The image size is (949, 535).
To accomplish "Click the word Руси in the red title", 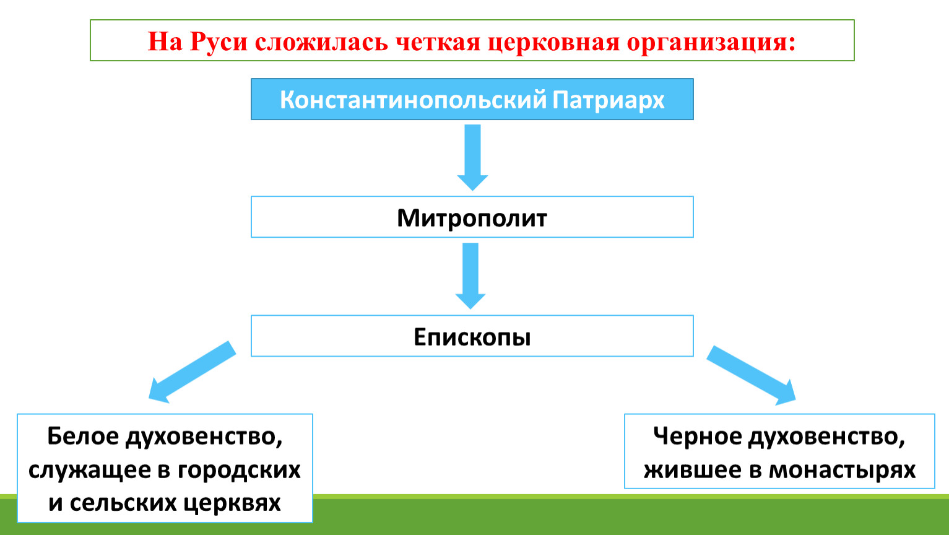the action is coord(219,42).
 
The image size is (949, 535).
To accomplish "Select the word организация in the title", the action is coord(711,43).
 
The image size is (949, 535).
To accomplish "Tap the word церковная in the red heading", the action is coord(553,43).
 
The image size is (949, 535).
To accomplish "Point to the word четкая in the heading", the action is coord(438,42).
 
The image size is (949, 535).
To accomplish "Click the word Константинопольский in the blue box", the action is coord(413,100).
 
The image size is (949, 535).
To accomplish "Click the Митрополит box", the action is coord(472,217).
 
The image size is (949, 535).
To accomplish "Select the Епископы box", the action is coord(472,336).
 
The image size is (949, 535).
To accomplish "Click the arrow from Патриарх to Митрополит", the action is coord(472,157).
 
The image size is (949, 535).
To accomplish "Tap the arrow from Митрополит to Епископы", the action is coord(470,276).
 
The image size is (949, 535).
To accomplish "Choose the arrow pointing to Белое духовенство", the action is coord(192,372).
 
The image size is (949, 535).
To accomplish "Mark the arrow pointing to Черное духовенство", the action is coord(751,375).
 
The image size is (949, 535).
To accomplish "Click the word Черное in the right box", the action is coord(697,436).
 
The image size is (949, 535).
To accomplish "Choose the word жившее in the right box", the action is coord(692,471).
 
